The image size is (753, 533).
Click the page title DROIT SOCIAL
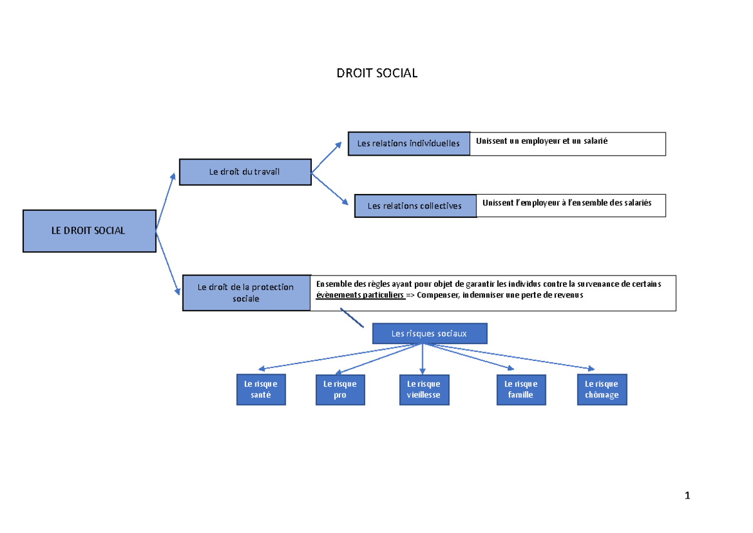tap(376, 73)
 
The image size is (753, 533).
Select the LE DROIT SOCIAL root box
tap(89, 231)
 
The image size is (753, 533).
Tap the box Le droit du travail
tap(245, 172)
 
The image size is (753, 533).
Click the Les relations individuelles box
tap(409, 144)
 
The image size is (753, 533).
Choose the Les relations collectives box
tap(415, 206)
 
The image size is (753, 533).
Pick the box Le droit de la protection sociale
tap(246, 293)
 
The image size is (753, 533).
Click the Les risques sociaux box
tap(429, 334)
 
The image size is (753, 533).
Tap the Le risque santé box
tap(261, 389)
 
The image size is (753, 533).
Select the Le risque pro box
tap(340, 389)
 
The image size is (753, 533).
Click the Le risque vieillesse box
tap(424, 389)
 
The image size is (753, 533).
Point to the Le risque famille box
tap(521, 389)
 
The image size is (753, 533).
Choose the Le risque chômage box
tap(602, 389)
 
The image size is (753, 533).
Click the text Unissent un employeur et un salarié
tap(542, 141)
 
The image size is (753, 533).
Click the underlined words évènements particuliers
tap(360, 296)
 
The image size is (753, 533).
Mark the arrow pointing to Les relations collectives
tap(329, 189)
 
